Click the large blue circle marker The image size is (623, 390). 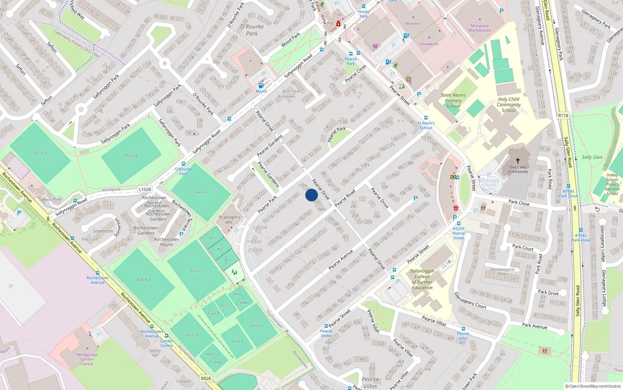(311, 195)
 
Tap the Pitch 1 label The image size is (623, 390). (40, 153)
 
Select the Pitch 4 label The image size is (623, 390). (131, 156)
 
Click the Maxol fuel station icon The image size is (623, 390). (261, 85)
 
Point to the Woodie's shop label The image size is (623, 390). (413, 23)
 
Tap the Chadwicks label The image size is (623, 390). (429, 44)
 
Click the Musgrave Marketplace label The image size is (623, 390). (480, 28)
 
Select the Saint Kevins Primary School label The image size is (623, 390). (453, 101)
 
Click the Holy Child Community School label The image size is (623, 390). (509, 105)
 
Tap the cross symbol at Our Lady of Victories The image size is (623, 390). (518, 160)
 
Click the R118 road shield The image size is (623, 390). (563, 115)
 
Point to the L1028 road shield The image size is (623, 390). (145, 190)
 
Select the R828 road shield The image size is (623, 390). (206, 378)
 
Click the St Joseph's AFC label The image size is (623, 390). (229, 220)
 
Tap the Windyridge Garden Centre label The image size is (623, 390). (87, 359)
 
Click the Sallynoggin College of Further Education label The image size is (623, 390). (422, 279)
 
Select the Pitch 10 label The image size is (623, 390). (192, 335)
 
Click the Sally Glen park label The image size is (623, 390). (592, 157)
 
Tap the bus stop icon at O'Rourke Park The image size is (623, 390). (183, 164)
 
